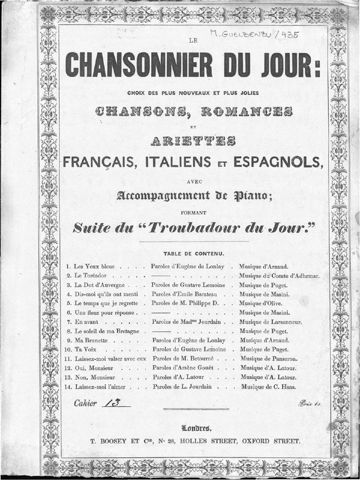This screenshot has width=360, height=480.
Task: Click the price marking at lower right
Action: click(x=311, y=404)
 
